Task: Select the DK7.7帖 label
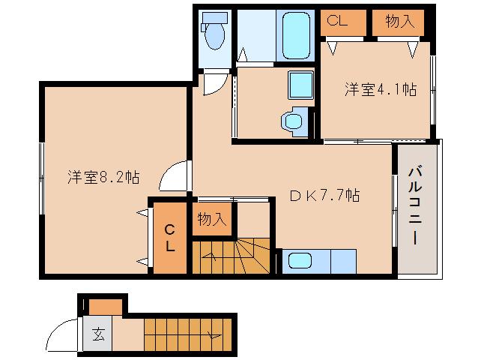coord(325,196)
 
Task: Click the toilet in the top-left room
coord(214,33)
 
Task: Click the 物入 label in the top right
coord(399,22)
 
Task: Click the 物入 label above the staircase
coord(212,219)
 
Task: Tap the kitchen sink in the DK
coord(300,262)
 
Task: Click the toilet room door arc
coord(214,83)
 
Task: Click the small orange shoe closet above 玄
coord(106,305)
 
